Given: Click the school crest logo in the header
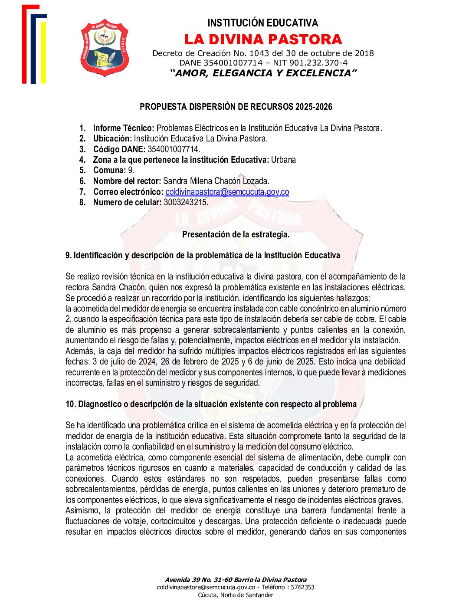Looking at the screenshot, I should point(105,47).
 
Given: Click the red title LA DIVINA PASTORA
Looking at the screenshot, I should point(263,39).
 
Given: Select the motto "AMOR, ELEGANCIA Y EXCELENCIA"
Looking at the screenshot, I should point(263,73).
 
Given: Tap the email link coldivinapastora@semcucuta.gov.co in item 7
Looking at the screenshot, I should point(227,192).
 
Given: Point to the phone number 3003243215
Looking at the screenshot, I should point(186,202).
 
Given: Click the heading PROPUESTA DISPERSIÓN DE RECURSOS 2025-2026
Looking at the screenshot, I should point(236,107).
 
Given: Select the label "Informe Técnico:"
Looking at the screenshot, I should point(124,128).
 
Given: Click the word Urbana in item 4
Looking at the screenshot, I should point(283,160).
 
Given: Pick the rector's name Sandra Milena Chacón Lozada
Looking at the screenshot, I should point(216,181).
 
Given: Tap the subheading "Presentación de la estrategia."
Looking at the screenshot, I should point(236,234).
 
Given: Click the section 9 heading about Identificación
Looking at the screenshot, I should point(203,255).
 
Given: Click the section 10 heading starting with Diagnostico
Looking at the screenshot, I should point(211,404).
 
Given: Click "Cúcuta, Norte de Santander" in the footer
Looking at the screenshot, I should point(236,595).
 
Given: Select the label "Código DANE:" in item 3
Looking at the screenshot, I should point(119,149).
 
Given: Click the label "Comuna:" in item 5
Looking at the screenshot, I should point(109,171).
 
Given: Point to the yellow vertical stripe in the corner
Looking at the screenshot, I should point(43,52).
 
